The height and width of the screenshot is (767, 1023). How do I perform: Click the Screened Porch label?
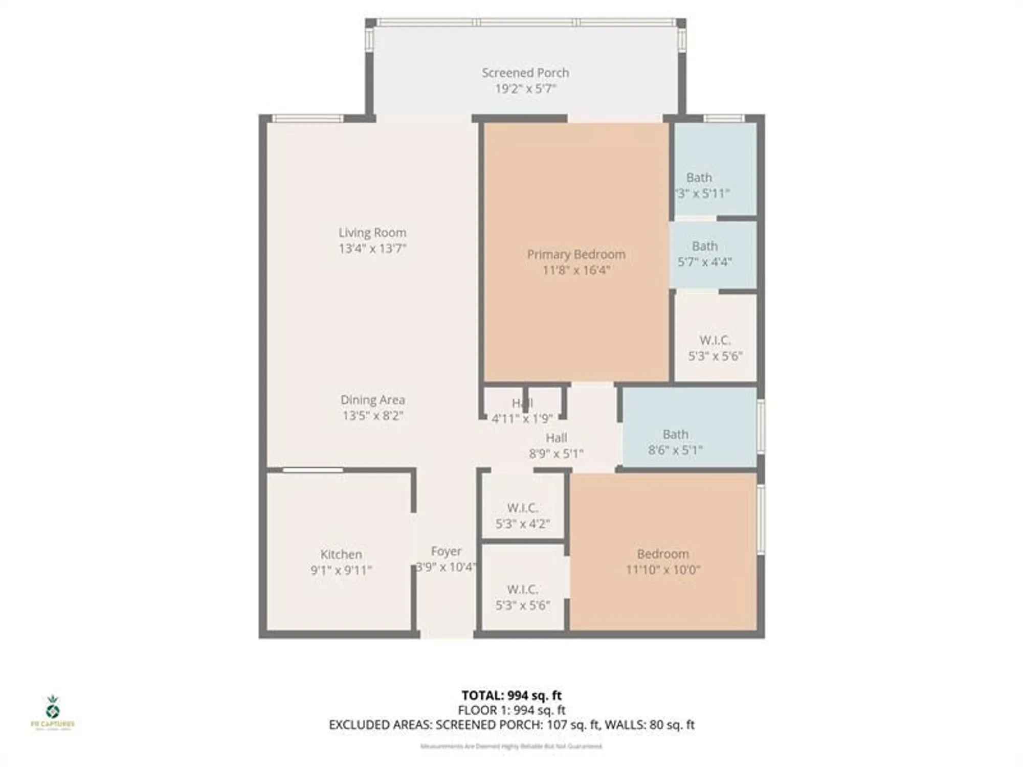(x=525, y=73)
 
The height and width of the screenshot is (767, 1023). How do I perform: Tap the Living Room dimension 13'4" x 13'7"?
(x=372, y=249)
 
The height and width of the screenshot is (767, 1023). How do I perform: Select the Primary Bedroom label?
(x=576, y=254)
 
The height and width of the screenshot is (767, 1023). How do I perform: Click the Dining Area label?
(x=372, y=400)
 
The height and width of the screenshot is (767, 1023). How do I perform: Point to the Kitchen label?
(x=341, y=554)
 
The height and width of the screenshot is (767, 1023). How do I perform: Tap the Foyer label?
(x=446, y=551)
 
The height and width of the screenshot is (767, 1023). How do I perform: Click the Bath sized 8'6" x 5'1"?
(x=675, y=435)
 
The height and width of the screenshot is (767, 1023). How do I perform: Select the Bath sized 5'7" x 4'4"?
(x=705, y=246)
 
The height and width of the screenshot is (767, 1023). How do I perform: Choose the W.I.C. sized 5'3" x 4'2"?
(x=522, y=508)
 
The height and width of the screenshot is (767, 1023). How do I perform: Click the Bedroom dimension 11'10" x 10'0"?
(x=663, y=570)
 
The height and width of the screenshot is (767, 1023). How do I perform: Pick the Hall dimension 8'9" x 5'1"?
(x=556, y=454)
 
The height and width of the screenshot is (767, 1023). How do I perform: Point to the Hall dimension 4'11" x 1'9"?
(x=522, y=419)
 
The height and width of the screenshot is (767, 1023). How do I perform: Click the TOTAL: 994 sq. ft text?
(x=511, y=695)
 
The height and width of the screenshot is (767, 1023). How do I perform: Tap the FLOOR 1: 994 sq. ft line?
(x=511, y=710)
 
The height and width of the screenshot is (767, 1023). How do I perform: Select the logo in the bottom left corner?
(x=53, y=711)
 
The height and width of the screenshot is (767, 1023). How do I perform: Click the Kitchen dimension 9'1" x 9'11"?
(x=341, y=570)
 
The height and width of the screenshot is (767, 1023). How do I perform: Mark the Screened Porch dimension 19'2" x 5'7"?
(x=525, y=89)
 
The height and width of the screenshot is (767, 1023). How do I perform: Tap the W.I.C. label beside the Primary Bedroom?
(x=715, y=341)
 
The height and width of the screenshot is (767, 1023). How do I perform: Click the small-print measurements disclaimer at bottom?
(x=511, y=747)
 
